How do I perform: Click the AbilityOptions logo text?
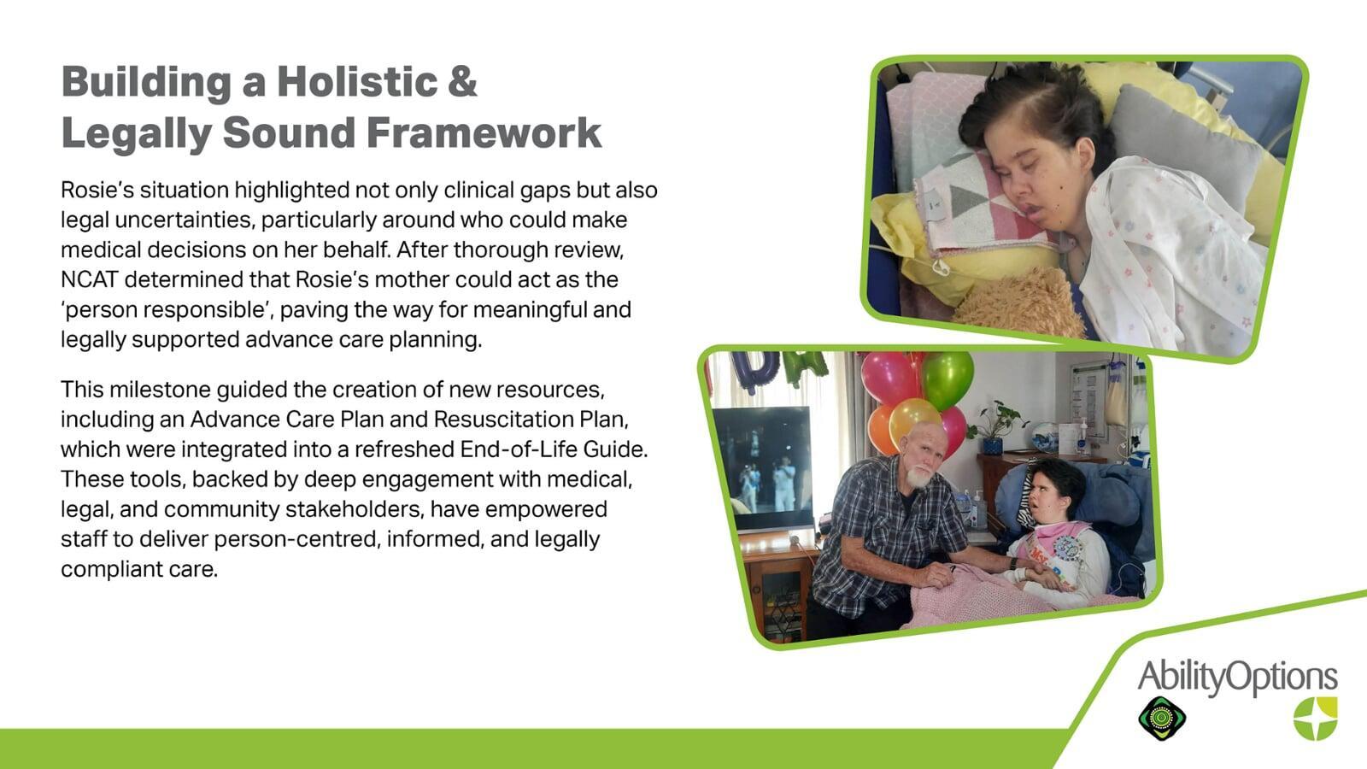click(1238, 677)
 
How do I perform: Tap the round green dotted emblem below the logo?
click(1162, 719)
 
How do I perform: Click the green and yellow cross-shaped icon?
click(1315, 719)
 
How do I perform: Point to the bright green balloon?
click(948, 379)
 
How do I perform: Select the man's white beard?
click(918, 475)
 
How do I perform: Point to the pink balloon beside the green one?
click(890, 378)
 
